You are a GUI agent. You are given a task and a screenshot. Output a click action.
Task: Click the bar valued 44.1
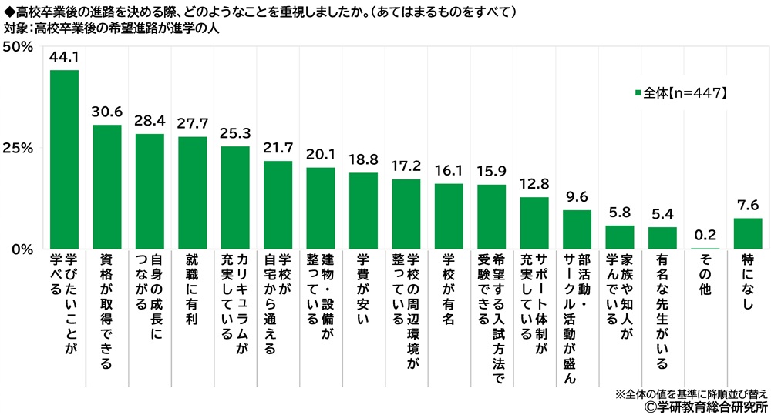tap(64, 159)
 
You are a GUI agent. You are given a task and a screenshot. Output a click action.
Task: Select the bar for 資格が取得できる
tap(106, 187)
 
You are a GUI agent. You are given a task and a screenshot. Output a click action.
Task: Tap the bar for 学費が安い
tap(363, 211)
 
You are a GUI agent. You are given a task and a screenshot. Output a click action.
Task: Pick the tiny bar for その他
tap(705, 249)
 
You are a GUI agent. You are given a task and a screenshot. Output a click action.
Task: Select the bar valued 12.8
tap(534, 223)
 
